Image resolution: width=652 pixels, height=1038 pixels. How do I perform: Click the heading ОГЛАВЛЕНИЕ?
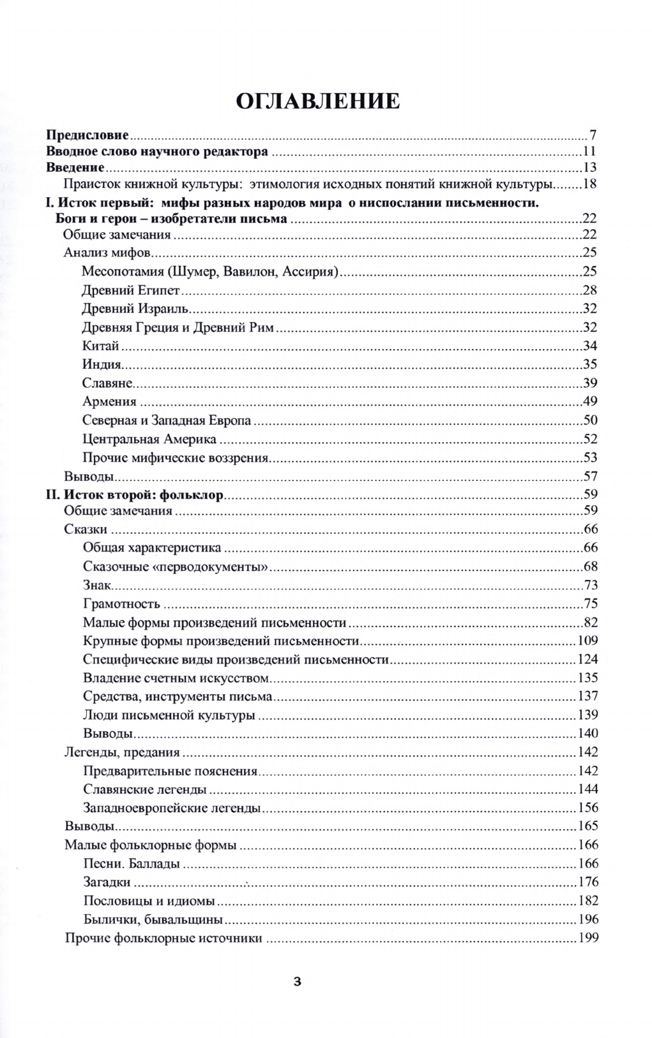click(318, 101)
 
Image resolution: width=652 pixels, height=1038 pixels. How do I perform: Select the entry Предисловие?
click(88, 135)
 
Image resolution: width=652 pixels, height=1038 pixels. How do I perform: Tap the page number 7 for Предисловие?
click(593, 135)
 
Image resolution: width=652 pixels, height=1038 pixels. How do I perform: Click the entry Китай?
click(101, 346)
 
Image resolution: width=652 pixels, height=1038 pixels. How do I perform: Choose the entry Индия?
click(102, 365)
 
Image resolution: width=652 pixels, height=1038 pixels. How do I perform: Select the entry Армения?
click(109, 401)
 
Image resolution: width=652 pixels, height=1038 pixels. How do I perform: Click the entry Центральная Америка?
click(149, 439)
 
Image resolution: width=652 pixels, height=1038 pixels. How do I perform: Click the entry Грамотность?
click(121, 604)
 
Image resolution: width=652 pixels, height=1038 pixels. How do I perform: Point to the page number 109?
click(588, 641)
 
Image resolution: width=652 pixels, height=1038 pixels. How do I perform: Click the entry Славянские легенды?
click(145, 790)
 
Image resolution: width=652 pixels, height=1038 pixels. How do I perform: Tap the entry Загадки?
click(107, 882)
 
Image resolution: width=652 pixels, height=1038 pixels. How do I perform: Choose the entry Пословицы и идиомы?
click(149, 901)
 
